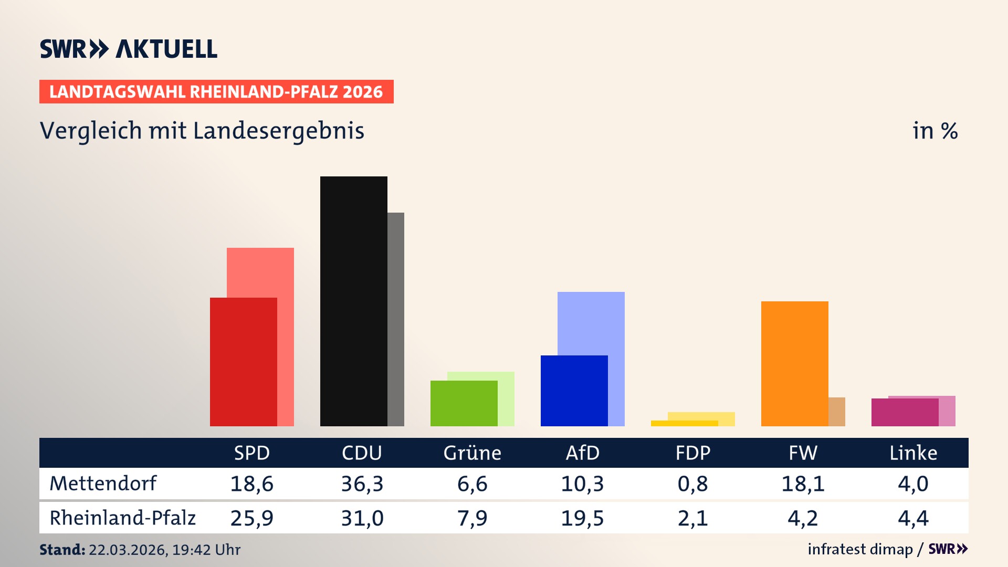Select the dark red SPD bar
click(243, 362)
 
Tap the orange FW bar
click(794, 363)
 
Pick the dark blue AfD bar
click(574, 391)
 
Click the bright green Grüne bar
click(464, 403)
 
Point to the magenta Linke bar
click(905, 412)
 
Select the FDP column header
click(692, 453)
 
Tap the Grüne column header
click(472, 453)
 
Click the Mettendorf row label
click(103, 484)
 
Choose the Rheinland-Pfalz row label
click(122, 518)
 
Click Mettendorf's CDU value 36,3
click(362, 484)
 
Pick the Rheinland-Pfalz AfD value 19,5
click(582, 518)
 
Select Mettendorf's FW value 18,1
click(803, 484)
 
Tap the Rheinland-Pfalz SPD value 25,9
click(251, 518)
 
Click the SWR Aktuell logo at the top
click(128, 49)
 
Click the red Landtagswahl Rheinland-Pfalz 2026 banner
click(216, 92)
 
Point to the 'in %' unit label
click(934, 131)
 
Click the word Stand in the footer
click(62, 550)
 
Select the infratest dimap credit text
click(860, 549)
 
